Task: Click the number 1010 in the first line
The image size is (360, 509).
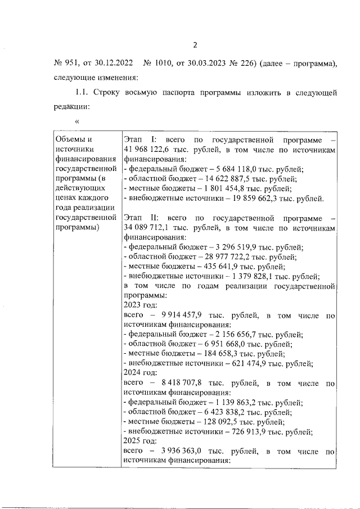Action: [x=167, y=63]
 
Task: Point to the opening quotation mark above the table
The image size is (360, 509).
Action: [x=76, y=120]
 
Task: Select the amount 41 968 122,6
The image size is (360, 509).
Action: [x=148, y=150]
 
